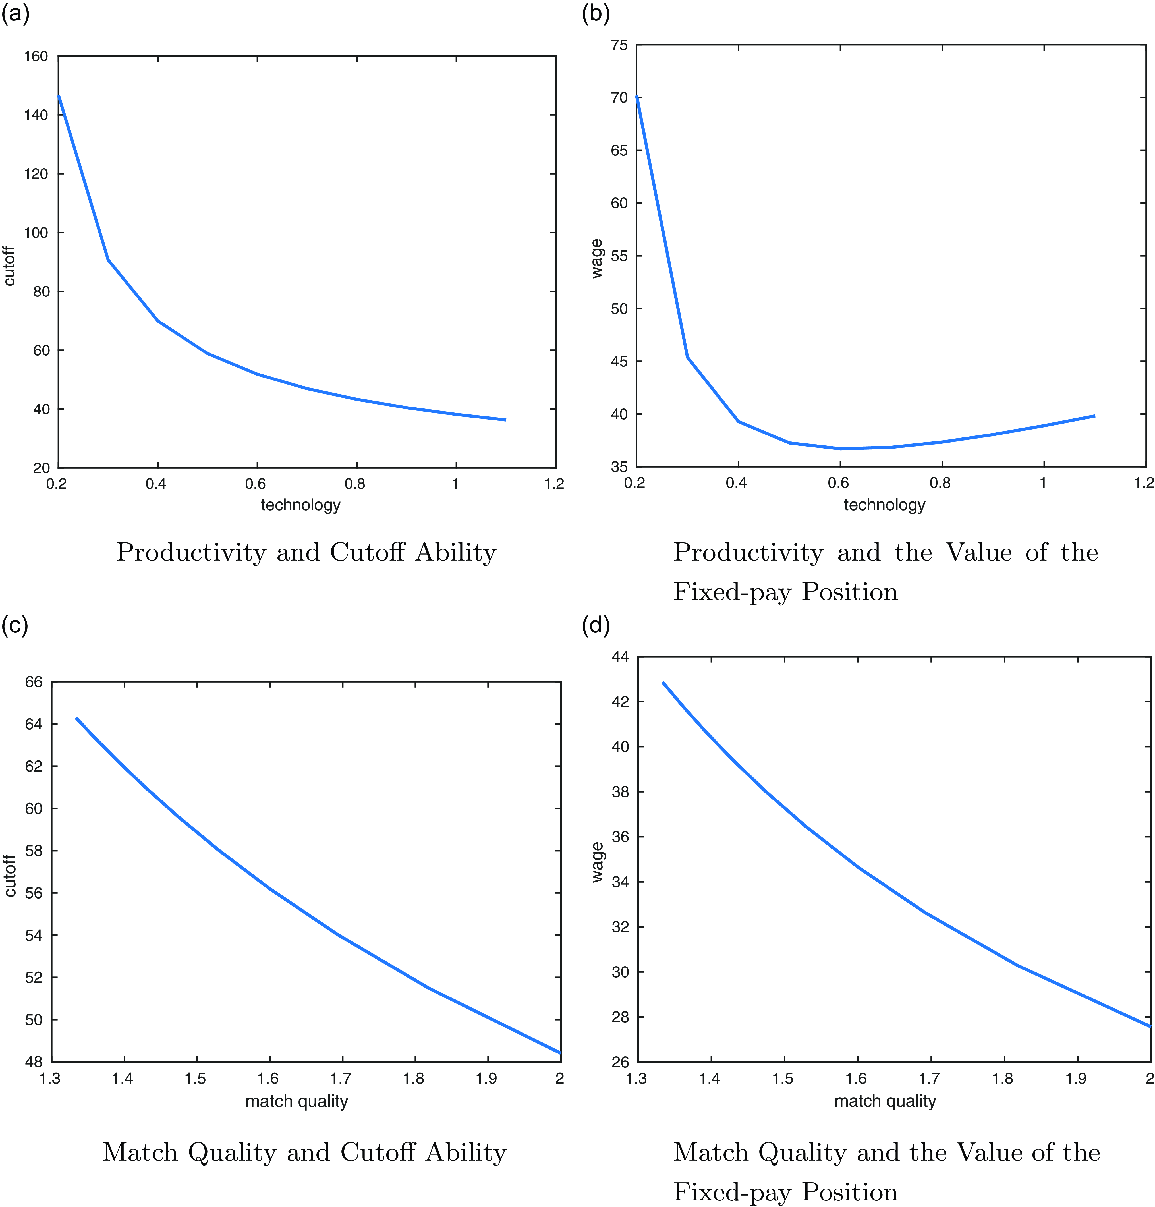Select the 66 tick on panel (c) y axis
34,682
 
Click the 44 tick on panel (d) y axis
620,657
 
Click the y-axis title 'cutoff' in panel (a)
9,266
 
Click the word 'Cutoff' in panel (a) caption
368,552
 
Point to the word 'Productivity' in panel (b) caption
748,552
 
